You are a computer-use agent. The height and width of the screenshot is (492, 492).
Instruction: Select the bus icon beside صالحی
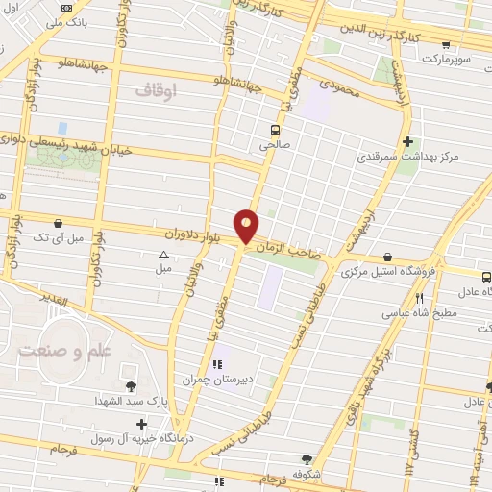[x=276, y=129]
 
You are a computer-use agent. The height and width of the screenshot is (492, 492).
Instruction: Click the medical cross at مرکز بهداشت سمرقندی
[x=408, y=139]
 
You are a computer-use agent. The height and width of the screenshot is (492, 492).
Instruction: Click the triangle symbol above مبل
[x=163, y=256]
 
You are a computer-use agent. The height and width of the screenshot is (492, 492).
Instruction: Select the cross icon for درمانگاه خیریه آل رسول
[x=142, y=424]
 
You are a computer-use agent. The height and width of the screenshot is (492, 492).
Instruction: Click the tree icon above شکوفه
[x=306, y=458]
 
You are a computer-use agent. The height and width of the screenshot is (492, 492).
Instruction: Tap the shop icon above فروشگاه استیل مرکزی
[x=386, y=257]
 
